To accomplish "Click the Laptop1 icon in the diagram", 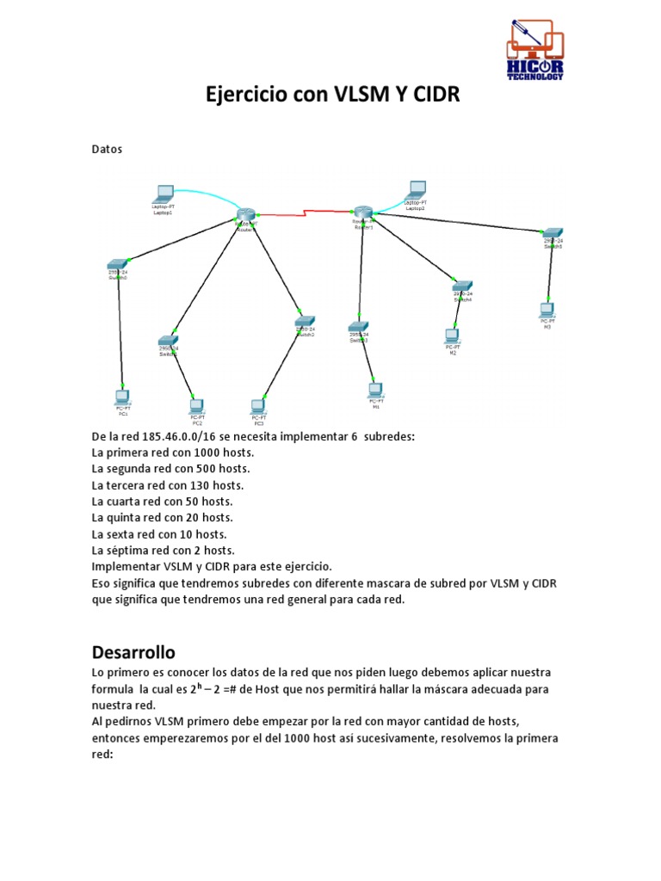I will click(x=163, y=194).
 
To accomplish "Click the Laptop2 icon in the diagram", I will click(x=417, y=189).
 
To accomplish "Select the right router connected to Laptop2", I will click(x=362, y=213).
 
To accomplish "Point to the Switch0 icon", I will click(x=118, y=264).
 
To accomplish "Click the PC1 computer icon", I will click(x=122, y=397).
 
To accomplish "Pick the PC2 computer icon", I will click(x=196, y=405).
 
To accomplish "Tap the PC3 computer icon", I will click(x=257, y=406).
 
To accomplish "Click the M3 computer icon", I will click(x=546, y=311).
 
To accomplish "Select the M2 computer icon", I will click(x=452, y=336).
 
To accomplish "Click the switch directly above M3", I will click(x=552, y=232).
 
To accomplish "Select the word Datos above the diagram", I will click(x=108, y=149).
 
